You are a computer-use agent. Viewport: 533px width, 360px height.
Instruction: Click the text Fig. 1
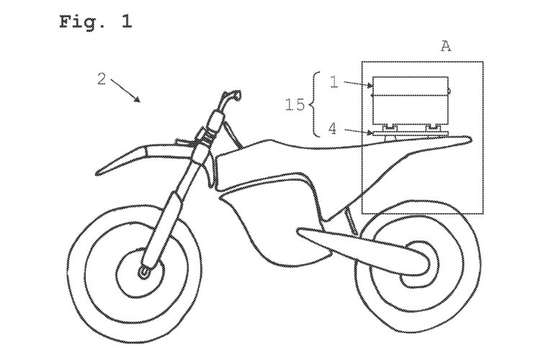point(95,21)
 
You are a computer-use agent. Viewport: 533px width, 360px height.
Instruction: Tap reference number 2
point(102,78)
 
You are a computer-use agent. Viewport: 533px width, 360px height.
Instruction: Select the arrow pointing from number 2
point(127,92)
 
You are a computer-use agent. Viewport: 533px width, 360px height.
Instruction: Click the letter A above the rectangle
point(446,47)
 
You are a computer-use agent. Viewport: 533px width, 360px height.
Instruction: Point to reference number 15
point(295,105)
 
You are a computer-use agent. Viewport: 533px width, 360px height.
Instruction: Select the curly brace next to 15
point(312,105)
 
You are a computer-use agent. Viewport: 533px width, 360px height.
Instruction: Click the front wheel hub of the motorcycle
point(144,272)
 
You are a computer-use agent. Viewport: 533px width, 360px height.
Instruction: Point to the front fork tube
point(173,209)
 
